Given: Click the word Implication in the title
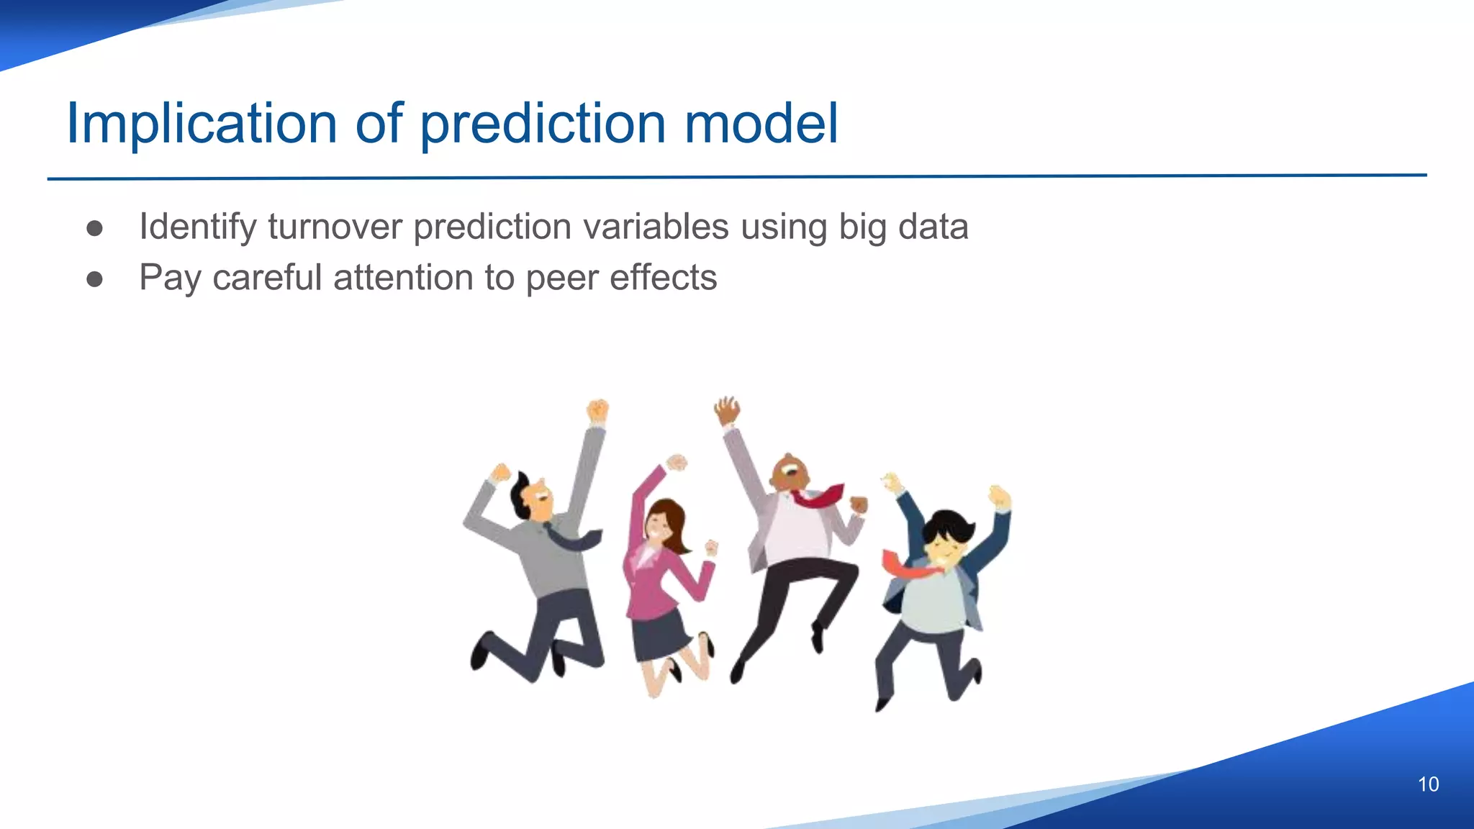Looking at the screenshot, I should pyautogui.click(x=202, y=124).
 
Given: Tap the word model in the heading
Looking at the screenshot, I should pyautogui.click(x=761, y=124).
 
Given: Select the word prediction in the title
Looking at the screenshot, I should pyautogui.click(x=543, y=124).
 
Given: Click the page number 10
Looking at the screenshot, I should pyautogui.click(x=1428, y=784).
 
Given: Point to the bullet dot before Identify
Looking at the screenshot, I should pyautogui.click(x=94, y=228).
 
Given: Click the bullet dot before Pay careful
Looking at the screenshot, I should pyautogui.click(x=94, y=279).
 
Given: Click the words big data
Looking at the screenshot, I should pyautogui.click(x=903, y=227).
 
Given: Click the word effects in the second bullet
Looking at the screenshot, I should pyautogui.click(x=663, y=278).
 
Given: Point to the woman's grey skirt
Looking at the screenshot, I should pyautogui.click(x=659, y=633).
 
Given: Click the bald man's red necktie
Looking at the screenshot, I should pyautogui.click(x=820, y=497).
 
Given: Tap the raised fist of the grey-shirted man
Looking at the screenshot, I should pyautogui.click(x=597, y=412).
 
